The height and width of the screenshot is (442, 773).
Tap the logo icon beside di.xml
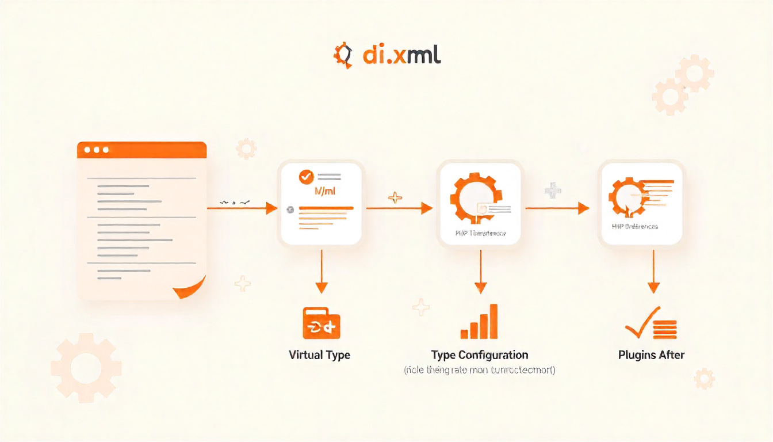(343, 55)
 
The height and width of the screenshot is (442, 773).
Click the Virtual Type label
(319, 355)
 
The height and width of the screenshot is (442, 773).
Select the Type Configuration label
(480, 355)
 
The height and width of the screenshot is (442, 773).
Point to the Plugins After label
(651, 355)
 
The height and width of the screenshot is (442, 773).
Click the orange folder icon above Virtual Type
(321, 323)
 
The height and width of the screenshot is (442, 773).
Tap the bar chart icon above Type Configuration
(480, 322)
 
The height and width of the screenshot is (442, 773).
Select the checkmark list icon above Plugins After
(651, 323)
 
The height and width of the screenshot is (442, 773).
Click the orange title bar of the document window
(141, 150)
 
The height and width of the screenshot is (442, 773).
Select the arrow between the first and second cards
(399, 208)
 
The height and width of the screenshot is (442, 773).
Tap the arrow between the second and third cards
(557, 208)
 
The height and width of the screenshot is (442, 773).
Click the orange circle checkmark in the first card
(306, 177)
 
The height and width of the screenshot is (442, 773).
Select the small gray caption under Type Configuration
(480, 371)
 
